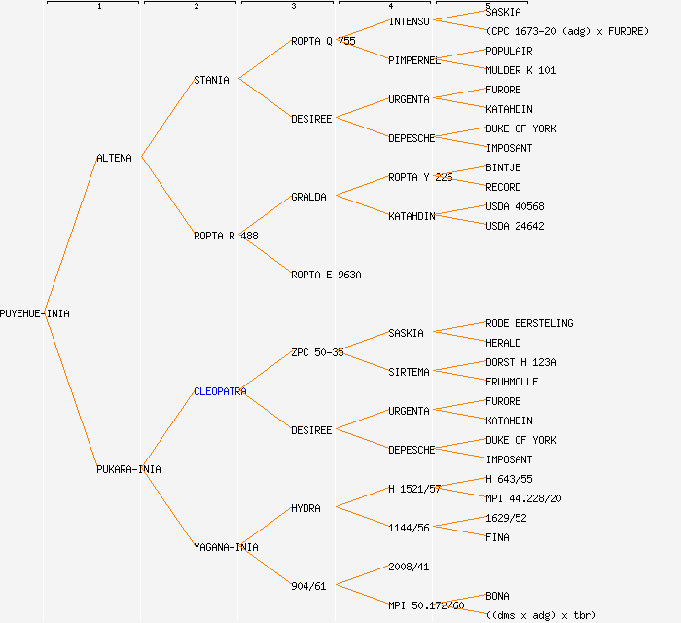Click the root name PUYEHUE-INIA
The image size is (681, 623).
35,313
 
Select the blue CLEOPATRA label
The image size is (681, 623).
220,391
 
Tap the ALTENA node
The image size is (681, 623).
114,158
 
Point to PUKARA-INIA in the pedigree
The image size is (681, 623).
128,469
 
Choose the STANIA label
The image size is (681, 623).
211,80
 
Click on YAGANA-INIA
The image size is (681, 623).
226,547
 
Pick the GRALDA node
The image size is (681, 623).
308,197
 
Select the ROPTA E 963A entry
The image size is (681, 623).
326,275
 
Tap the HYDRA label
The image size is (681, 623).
305,508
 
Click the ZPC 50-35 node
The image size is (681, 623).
317,352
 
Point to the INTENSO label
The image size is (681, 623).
409,21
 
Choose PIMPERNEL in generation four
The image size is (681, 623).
414,60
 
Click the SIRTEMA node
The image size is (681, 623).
409,372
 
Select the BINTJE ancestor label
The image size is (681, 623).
503,167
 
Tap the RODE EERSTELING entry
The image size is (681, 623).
529,323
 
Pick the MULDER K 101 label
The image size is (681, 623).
520,70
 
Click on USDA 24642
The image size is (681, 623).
515,226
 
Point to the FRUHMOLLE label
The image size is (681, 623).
512,382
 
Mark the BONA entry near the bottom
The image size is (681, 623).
497,596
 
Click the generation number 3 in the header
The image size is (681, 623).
293,7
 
